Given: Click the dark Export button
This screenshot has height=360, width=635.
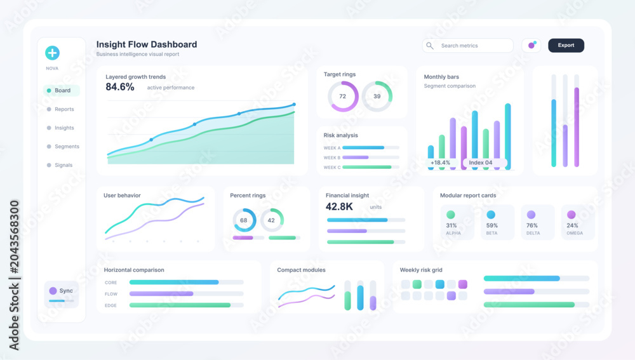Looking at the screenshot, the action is (566, 45).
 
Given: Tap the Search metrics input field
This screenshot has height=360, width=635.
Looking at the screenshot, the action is (468, 45).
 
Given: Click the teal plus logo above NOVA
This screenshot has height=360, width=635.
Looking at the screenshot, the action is (52, 53).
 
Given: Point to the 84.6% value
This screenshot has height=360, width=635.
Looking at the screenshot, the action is (120, 87).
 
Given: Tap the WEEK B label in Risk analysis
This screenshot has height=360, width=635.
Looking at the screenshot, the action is (331, 157).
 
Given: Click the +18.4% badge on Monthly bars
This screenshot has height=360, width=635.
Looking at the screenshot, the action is (440, 163).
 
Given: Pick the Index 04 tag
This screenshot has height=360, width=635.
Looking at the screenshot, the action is (481, 163).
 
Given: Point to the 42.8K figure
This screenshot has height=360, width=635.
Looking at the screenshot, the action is (339, 206).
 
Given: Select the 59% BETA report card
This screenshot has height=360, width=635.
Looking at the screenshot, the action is (497, 222).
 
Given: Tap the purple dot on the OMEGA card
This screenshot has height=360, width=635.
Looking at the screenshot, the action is (571, 215).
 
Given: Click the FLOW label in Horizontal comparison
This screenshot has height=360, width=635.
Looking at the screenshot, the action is (111, 294).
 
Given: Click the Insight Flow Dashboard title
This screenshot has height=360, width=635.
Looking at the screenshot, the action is (147, 44).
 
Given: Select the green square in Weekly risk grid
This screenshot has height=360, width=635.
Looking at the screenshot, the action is (417, 284).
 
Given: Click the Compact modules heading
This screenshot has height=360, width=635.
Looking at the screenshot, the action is (301, 270).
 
